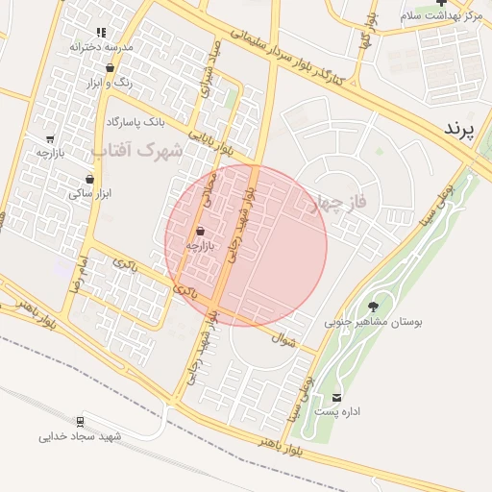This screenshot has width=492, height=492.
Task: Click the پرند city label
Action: coord(461,130)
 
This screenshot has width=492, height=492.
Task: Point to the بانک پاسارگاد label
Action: coord(135,123)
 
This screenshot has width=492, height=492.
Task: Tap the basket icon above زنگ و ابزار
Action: coord(111,68)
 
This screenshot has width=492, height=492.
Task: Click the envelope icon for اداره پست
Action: coord(336,398)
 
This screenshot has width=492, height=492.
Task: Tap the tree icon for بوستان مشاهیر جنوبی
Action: coord(373,307)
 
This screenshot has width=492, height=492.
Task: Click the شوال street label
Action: coord(283,337)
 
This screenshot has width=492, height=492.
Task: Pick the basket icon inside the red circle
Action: coord(200,231)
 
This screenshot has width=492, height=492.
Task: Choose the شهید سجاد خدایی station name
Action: coord(81,436)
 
